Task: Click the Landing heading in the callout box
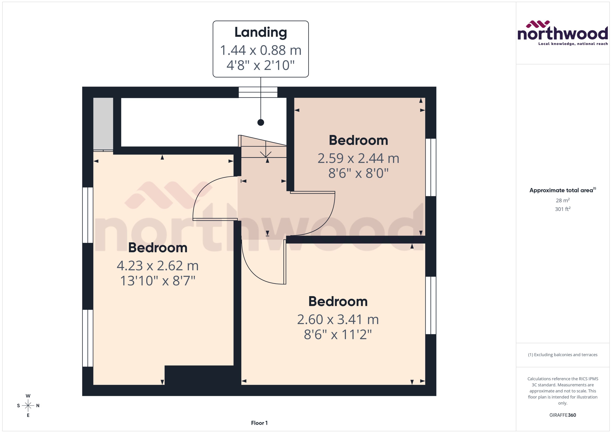[x=261, y=32]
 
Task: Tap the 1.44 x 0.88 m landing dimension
[x=261, y=50]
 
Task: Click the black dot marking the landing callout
[x=261, y=122]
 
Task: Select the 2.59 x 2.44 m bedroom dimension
[x=358, y=158]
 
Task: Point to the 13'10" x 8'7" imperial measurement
[x=158, y=281]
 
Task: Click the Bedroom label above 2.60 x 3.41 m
[x=338, y=302]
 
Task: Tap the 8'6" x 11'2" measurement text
[x=338, y=334]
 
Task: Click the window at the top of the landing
[x=258, y=92]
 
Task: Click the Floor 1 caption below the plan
[x=259, y=423]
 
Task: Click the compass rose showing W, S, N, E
[x=28, y=406]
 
